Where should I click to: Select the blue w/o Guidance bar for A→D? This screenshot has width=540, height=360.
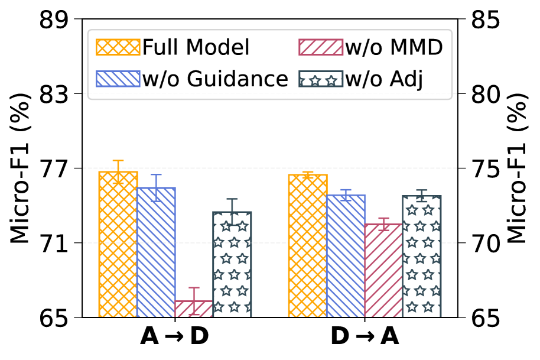[156, 252]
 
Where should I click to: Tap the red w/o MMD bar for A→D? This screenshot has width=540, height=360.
[194, 309]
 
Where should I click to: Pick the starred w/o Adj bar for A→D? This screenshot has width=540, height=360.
[232, 264]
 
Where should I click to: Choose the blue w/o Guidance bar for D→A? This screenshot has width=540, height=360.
[346, 256]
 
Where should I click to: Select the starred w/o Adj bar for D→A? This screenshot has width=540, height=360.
[422, 257]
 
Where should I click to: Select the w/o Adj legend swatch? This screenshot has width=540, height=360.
[320, 77]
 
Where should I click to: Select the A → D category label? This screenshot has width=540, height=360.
[175, 337]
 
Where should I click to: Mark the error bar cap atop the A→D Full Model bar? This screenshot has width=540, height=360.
[118, 160]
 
